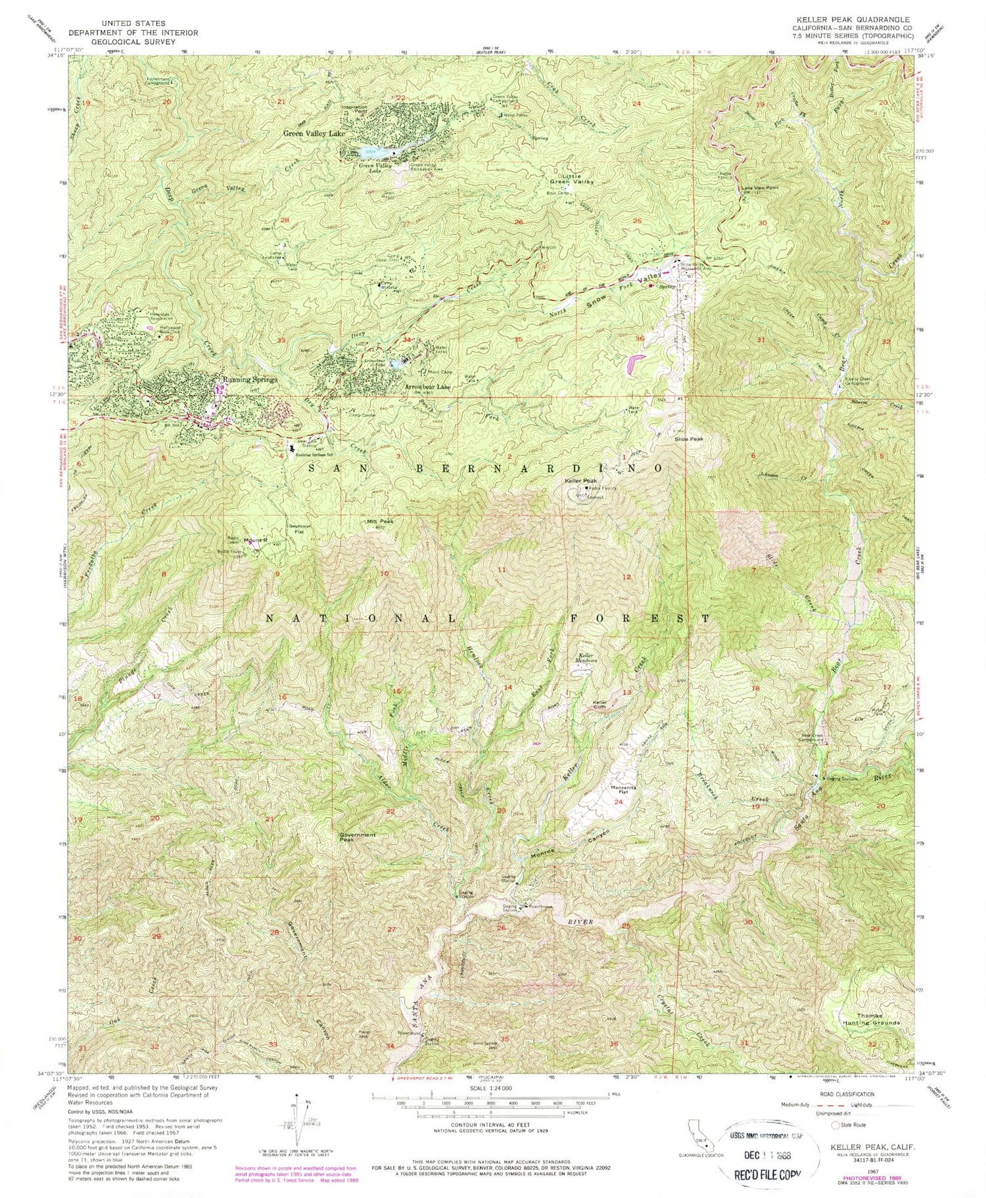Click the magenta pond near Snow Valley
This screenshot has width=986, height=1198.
pos(634,361)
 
